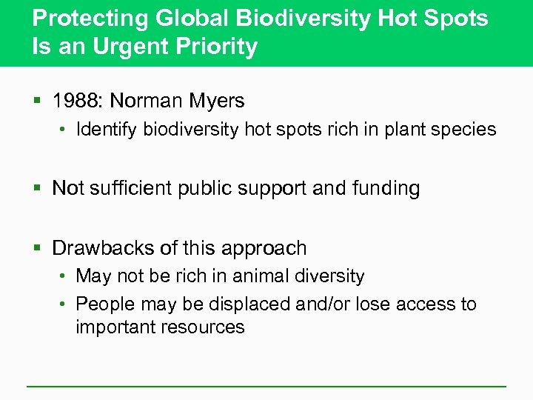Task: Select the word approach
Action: (264, 248)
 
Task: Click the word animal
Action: (260, 276)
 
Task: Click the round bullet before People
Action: (64, 304)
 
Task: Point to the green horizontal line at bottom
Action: (266, 386)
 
